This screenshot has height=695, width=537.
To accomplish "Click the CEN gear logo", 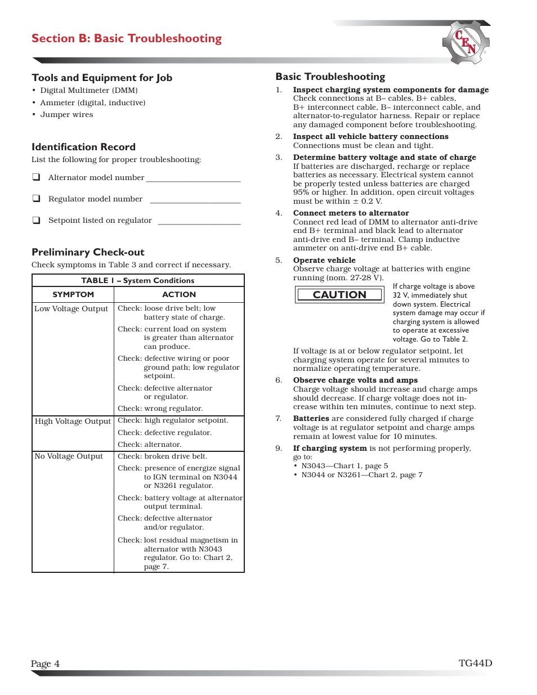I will (466, 43).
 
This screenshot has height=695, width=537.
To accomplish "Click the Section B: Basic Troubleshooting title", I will (127, 38).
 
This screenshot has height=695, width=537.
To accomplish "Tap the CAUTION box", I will (339, 295).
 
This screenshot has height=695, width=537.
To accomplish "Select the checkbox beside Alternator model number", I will (37, 177).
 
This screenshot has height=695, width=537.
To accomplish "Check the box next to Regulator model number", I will (37, 199).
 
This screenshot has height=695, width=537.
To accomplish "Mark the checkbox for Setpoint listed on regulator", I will (37, 220).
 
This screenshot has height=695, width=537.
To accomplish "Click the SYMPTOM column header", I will (73, 294).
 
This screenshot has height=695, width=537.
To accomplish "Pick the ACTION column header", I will (179, 294).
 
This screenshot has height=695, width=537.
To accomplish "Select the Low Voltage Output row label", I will (71, 308).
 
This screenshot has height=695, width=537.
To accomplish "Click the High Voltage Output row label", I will (73, 421).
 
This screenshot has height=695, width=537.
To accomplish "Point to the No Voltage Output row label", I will (69, 456).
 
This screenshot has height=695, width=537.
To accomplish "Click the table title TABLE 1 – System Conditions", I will (138, 280).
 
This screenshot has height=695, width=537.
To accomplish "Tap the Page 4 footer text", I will (45, 663).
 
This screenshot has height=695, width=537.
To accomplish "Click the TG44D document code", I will (475, 663).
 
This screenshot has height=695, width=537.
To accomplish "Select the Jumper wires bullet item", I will (66, 115).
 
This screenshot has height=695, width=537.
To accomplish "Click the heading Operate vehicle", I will (324, 260).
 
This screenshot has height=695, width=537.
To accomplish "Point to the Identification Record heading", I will (83, 147).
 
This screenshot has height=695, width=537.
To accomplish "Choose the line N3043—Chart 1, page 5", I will (344, 466).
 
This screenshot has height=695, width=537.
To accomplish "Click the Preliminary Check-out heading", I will (88, 252).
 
